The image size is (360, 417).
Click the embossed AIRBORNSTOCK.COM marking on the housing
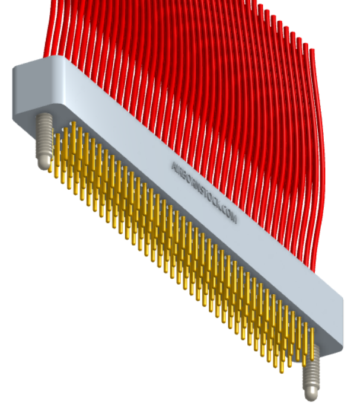203,192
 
